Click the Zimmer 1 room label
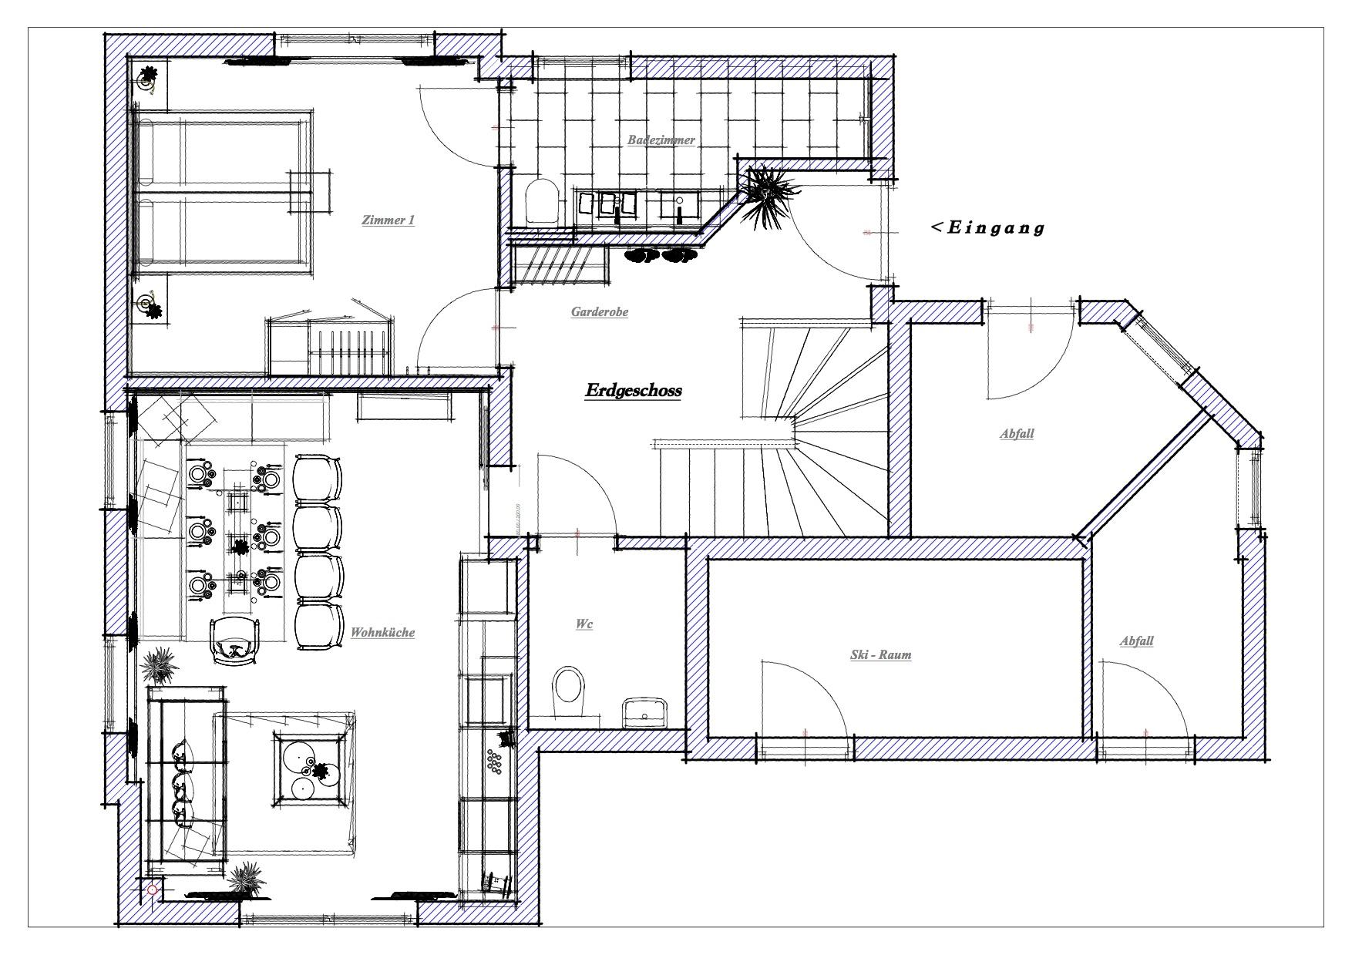click(x=388, y=220)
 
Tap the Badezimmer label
click(x=661, y=140)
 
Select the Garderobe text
click(x=600, y=312)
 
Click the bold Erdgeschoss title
click(x=633, y=391)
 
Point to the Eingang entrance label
click(x=988, y=227)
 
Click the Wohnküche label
click(x=382, y=633)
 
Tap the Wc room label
click(x=584, y=624)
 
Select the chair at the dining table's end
click(x=233, y=641)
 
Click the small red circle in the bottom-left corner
click(x=152, y=889)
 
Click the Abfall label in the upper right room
click(x=1017, y=434)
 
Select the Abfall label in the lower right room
click(x=1136, y=641)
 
